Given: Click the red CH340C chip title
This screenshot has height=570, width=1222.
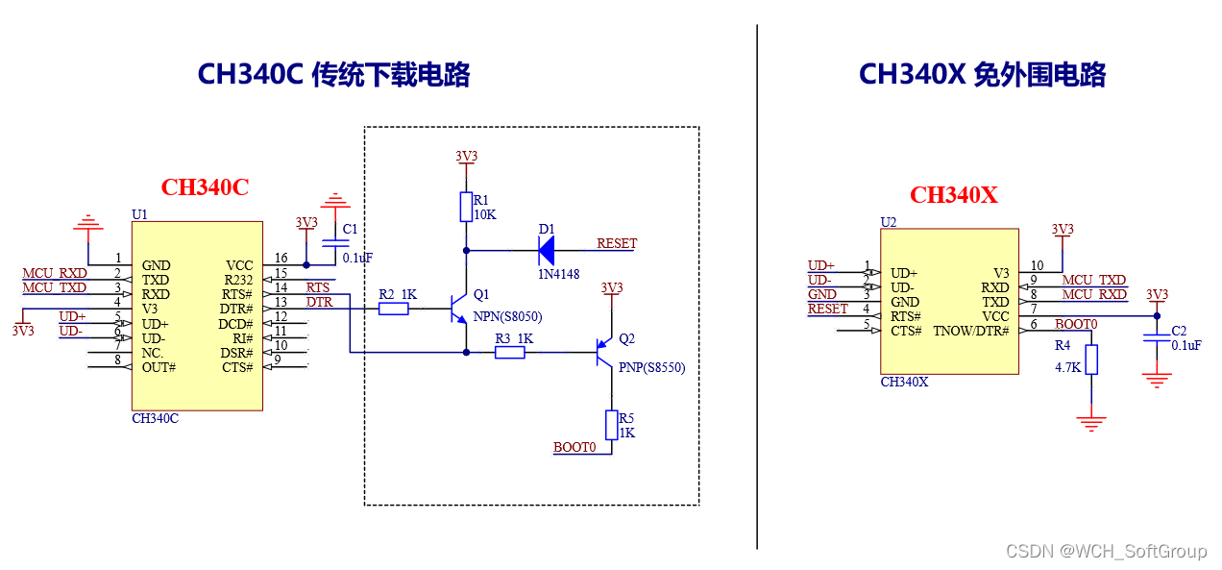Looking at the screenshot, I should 205,187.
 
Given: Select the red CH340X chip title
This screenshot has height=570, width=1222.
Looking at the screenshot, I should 953,195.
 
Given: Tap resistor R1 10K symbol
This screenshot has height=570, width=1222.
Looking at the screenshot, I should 466,207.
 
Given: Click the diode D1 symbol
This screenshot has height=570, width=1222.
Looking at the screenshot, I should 546,251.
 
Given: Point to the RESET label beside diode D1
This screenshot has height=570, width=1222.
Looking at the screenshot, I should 616,243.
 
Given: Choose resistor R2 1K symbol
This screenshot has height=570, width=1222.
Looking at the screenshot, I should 393,309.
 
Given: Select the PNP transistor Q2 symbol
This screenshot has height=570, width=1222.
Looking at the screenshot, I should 603,352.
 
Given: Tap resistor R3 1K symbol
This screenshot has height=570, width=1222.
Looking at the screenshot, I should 510,353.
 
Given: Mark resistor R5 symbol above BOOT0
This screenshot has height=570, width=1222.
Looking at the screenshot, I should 611,424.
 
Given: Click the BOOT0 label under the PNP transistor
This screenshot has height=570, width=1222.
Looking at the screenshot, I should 574,447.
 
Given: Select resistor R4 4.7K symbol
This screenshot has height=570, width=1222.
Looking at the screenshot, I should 1090,359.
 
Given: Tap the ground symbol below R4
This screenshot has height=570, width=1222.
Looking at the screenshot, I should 1090,423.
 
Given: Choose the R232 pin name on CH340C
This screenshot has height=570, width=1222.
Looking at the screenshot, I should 236,280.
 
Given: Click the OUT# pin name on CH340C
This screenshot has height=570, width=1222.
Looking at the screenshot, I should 159,367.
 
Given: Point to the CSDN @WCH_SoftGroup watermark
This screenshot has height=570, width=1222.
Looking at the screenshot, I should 1105,551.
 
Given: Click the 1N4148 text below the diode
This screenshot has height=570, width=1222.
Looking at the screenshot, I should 558,274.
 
